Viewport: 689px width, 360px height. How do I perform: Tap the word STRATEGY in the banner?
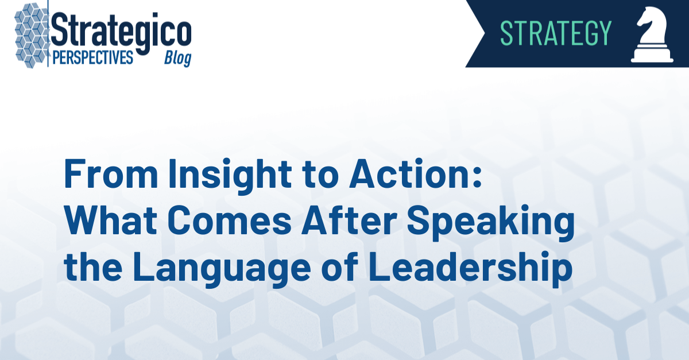tap(555, 33)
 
